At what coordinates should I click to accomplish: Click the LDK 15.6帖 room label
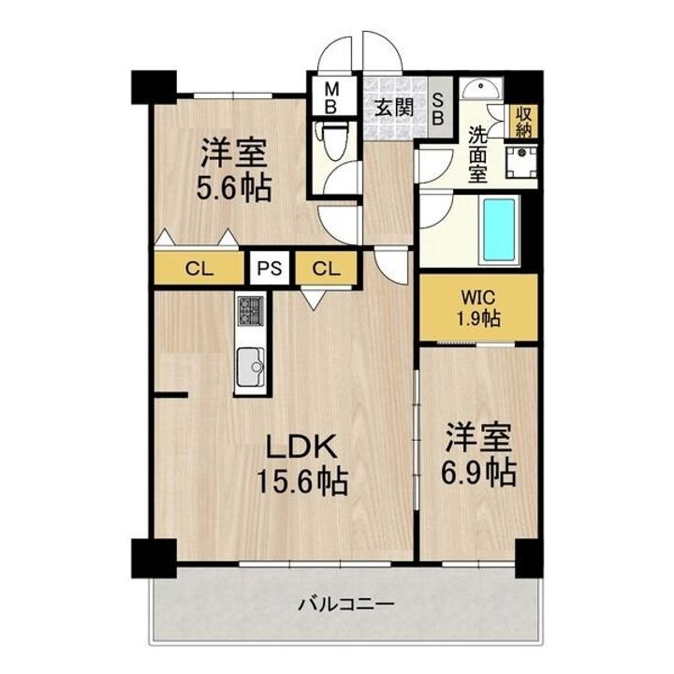pyautogui.click(x=302, y=463)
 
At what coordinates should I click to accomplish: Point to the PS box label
pyautogui.click(x=270, y=268)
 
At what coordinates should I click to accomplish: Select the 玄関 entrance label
pyautogui.click(x=394, y=107)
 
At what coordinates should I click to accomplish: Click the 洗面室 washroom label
pyautogui.click(x=477, y=154)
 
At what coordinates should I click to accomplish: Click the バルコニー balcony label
pyautogui.click(x=345, y=605)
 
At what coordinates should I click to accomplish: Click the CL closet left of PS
pyautogui.click(x=198, y=268)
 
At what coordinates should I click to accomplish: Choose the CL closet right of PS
pyautogui.click(x=326, y=268)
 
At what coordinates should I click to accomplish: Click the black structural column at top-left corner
pyautogui.click(x=152, y=86)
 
